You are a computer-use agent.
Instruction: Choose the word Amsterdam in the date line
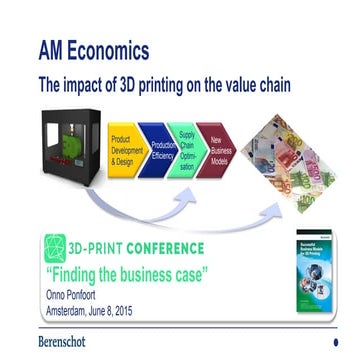click(x=70, y=310)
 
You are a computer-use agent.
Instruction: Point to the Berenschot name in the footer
click(x=68, y=342)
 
